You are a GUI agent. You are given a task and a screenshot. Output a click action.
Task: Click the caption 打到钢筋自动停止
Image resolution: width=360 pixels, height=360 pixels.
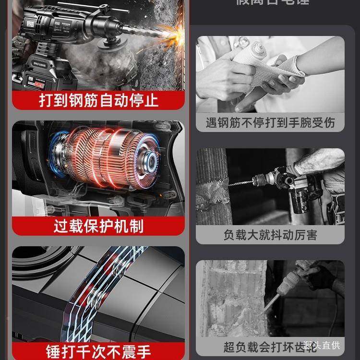pos(98,100)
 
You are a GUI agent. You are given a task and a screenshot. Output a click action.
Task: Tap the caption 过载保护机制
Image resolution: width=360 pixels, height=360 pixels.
pos(98,225)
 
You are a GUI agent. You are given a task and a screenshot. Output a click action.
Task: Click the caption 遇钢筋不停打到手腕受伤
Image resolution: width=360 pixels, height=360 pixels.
pos(270,122)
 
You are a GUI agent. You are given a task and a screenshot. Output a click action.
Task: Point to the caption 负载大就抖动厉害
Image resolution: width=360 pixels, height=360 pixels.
pos(270,235)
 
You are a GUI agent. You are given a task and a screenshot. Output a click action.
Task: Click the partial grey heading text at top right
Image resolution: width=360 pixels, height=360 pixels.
pos(270,2)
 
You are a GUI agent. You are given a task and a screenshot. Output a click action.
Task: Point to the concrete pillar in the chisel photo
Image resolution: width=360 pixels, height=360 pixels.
pos(230,298)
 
